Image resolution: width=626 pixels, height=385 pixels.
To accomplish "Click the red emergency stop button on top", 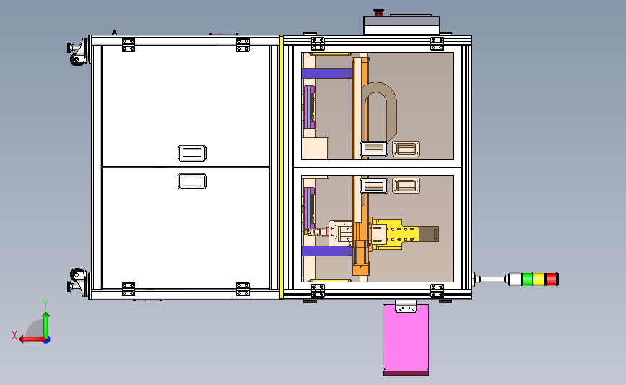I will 378,12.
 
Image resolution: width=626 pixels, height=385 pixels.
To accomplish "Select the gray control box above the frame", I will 401,25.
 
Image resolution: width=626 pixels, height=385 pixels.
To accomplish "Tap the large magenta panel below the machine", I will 405,342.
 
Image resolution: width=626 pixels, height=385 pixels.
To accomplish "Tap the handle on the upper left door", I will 192,153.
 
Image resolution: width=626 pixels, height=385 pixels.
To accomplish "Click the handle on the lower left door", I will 191,181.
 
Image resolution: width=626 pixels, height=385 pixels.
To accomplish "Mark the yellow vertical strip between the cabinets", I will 280,167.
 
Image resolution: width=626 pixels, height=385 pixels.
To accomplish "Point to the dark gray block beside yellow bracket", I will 430,234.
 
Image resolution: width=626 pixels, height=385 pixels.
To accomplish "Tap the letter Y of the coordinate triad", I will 45,304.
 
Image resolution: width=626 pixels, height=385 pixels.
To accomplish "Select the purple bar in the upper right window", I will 326,73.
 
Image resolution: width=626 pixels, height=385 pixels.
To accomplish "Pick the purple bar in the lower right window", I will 326,251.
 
